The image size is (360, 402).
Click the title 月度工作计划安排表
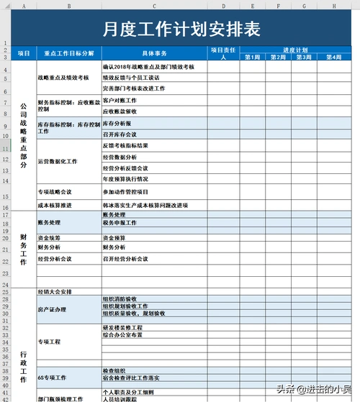click(181, 29)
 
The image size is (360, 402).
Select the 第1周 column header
click(253, 57)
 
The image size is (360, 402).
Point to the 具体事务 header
click(154, 53)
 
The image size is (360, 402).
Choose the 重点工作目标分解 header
click(68, 53)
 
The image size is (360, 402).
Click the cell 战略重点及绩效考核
click(63, 77)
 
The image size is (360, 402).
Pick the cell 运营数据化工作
click(58, 162)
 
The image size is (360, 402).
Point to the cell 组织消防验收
click(125, 298)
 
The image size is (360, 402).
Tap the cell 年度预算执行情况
click(126, 179)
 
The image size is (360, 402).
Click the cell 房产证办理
click(52, 310)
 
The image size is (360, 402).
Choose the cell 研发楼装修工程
click(123, 327)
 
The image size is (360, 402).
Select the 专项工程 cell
click(50, 341)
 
